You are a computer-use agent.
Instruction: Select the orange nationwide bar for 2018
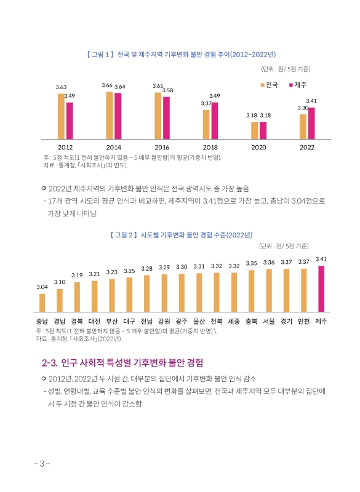pyautogui.click(x=206, y=124)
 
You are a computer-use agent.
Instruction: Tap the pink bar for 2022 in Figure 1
pyautogui.click(x=311, y=123)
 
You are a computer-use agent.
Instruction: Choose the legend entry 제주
pyautogui.click(x=297, y=84)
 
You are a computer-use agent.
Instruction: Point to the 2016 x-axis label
pyautogui.click(x=162, y=148)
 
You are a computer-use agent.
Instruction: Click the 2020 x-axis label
pyautogui.click(x=258, y=148)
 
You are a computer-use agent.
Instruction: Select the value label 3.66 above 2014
pyautogui.click(x=106, y=85)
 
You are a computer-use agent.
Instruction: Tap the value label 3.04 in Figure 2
pyautogui.click(x=42, y=287)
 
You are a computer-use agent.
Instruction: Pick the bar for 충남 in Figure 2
pyautogui.click(x=42, y=303)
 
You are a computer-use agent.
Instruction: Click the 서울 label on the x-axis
pyautogui.click(x=268, y=321)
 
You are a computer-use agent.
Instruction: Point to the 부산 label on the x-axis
pyautogui.click(x=112, y=321)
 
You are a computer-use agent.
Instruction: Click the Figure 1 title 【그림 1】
pyautogui.click(x=97, y=55)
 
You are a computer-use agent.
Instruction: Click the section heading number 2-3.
pyautogui.click(x=49, y=362)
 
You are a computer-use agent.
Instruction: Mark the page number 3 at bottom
pyautogui.click(x=42, y=464)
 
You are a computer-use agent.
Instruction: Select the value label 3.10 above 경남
pyautogui.click(x=60, y=282)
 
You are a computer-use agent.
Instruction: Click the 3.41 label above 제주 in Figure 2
pyautogui.click(x=321, y=259)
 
